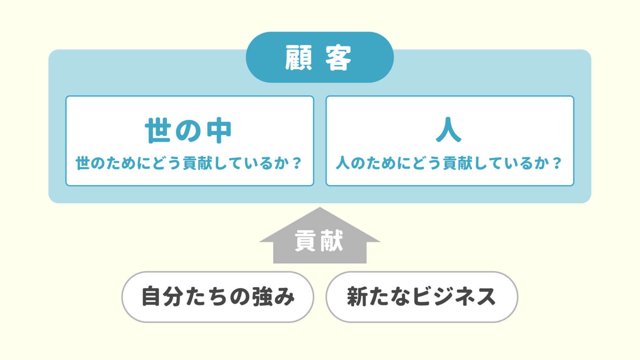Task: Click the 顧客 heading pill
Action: coord(319,57)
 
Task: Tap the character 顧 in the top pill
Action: coord(298,58)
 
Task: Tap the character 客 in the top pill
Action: coord(338,58)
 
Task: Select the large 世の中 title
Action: coord(188,130)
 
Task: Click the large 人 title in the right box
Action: coord(448,130)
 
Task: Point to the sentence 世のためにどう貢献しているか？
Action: coord(189,163)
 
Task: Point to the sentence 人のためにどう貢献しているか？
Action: coord(449,163)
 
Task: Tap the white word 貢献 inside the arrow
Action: coord(319,241)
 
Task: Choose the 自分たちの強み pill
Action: coord(218,297)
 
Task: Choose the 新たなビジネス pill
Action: coord(422,297)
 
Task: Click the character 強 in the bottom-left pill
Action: coord(262,297)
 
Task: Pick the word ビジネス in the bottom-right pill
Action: coord(454,297)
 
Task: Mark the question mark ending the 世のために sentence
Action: coord(297,163)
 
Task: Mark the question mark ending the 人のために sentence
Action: coord(557,163)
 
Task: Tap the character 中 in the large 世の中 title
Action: coord(219,130)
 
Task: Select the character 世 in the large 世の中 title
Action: coord(158,130)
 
